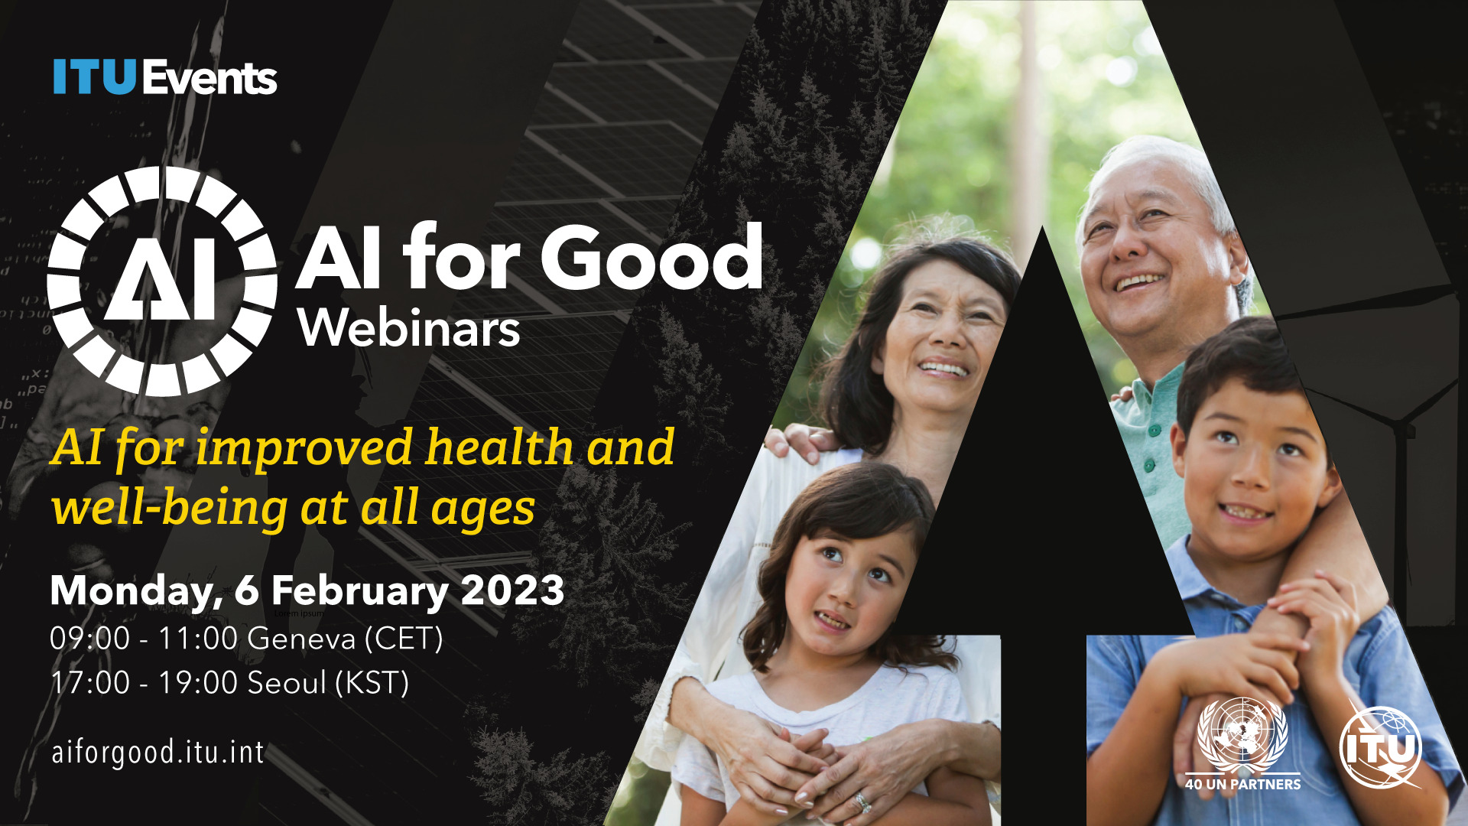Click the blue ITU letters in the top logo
tap(95, 77)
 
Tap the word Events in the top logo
tap(209, 77)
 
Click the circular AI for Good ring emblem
tap(162, 281)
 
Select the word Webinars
tap(409, 329)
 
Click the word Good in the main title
tap(652, 257)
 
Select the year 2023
tap(513, 590)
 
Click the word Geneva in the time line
tap(301, 639)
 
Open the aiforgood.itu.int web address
tap(158, 753)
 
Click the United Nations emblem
tap(1242, 734)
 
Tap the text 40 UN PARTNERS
tap(1242, 784)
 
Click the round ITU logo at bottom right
tap(1381, 747)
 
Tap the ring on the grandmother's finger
tap(862, 802)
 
